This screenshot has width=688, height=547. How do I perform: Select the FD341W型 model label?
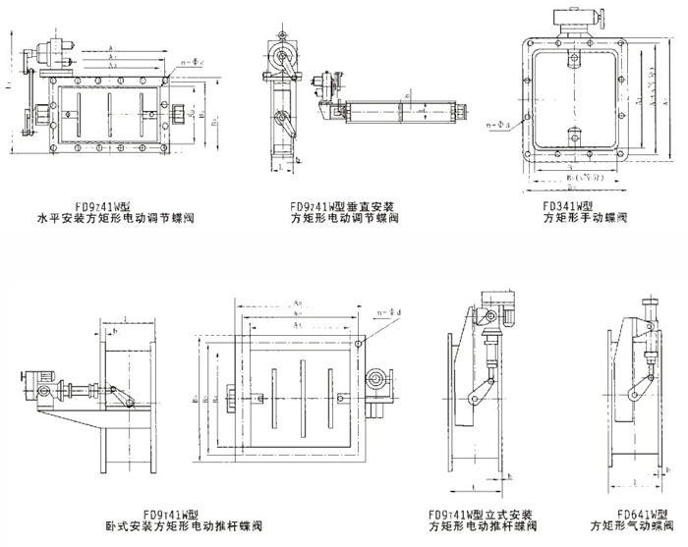[x=568, y=207]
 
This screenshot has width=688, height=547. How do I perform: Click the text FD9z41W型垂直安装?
[x=343, y=207]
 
